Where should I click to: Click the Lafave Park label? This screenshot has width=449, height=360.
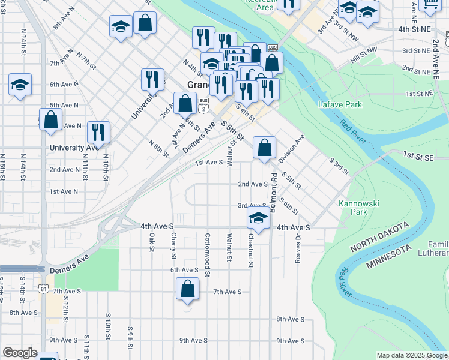340,104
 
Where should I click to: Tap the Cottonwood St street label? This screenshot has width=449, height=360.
208,254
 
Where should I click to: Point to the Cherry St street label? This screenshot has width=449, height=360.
173,247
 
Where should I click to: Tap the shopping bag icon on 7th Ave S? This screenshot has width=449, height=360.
188,289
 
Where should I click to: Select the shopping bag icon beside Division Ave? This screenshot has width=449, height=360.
264,147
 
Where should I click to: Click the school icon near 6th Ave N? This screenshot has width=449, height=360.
20,85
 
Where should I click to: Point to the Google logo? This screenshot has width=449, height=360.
20,353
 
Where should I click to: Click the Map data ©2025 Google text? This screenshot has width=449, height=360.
412,356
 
